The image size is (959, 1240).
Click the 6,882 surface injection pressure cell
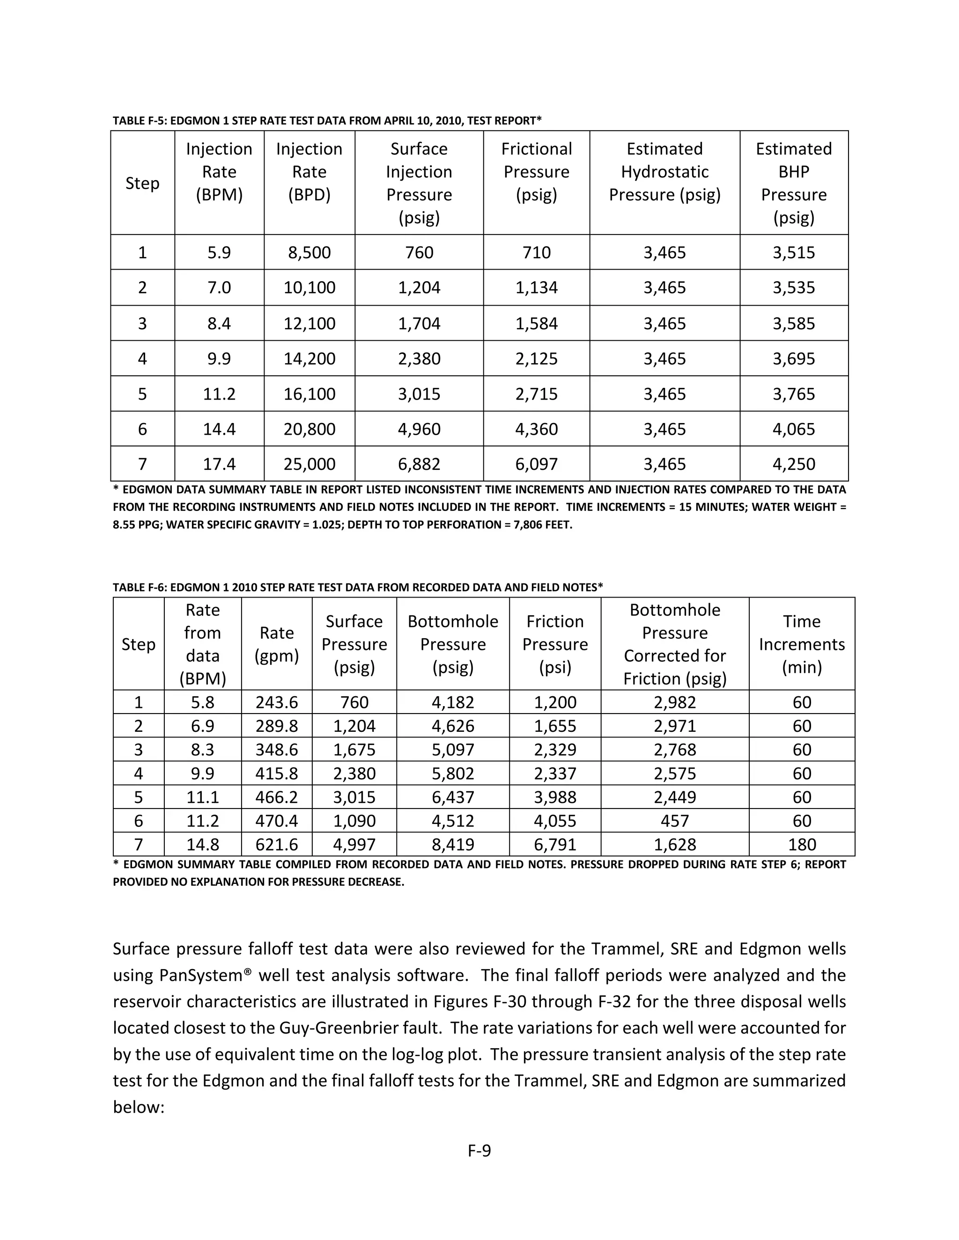coord(419,464)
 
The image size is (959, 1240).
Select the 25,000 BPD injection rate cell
coord(309,464)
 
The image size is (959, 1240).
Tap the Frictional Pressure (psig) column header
coord(536,171)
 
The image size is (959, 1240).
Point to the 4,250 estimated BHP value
coord(794,464)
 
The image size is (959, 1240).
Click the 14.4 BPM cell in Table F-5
coord(219,429)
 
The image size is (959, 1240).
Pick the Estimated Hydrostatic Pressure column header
coord(665,171)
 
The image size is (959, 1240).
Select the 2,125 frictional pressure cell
coord(536,358)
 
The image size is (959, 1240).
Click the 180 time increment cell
coord(802,844)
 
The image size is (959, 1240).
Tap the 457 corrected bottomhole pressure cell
coord(674,820)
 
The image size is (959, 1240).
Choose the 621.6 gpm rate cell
coord(277,844)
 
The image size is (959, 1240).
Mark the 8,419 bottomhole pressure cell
coord(453,844)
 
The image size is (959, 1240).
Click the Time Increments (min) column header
coord(802,644)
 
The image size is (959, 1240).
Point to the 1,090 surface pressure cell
coord(354,820)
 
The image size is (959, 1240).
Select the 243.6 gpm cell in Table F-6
coord(277,702)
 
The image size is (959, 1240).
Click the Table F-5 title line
coord(327,120)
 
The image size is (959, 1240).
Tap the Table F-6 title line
coord(357,587)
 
